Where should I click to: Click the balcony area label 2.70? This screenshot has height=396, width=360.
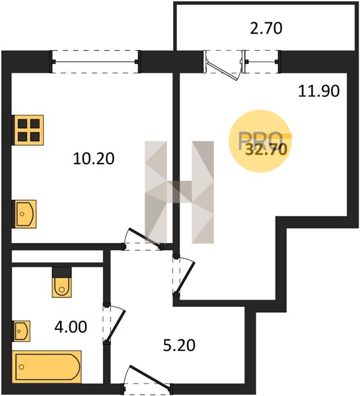pos(266,28)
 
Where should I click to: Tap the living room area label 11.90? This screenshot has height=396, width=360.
pos(319,91)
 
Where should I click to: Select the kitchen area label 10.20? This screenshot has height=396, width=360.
pos(94,159)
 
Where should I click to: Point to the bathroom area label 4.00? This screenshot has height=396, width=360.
pos(71,327)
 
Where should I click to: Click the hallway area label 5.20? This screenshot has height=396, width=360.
pos(179,345)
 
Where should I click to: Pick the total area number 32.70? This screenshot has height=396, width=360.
pos(266,149)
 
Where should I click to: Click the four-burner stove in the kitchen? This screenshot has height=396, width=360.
pos(28,130)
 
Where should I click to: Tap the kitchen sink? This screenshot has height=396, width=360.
pos(25,214)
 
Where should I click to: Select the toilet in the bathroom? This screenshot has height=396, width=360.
pos(61,287)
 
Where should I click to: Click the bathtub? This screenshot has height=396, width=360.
pos(47,366)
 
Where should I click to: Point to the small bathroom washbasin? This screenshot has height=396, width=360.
pos(22,331)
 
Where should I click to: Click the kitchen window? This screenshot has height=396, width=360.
pos(95,61)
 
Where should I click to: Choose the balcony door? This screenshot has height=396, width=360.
pos(223,65)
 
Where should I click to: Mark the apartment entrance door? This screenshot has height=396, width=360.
pos(147,379)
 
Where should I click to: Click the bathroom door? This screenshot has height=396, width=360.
pos(114,325)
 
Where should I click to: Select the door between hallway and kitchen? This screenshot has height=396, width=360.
pos(143,239)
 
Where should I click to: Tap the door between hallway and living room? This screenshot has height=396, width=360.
pos(184,275)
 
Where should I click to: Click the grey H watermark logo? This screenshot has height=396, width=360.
pos(179,192)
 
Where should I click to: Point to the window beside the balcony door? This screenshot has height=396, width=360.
pos(262,61)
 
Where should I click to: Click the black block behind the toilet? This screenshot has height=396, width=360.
pos(62,273)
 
